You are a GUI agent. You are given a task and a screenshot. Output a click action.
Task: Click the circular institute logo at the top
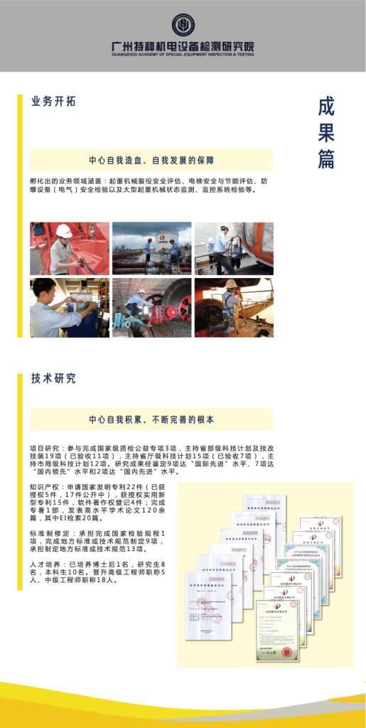183,25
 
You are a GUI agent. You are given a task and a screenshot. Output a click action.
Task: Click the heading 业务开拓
53,102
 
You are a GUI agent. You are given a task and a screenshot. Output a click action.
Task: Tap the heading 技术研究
53,379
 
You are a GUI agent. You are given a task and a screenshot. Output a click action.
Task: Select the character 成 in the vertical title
326,107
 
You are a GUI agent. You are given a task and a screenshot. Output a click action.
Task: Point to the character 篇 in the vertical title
326,159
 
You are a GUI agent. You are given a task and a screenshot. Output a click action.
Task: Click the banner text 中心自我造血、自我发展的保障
151,160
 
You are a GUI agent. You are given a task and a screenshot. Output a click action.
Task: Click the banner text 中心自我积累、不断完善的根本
151,419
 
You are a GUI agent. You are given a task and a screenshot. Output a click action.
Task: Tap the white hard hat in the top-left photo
64,230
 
